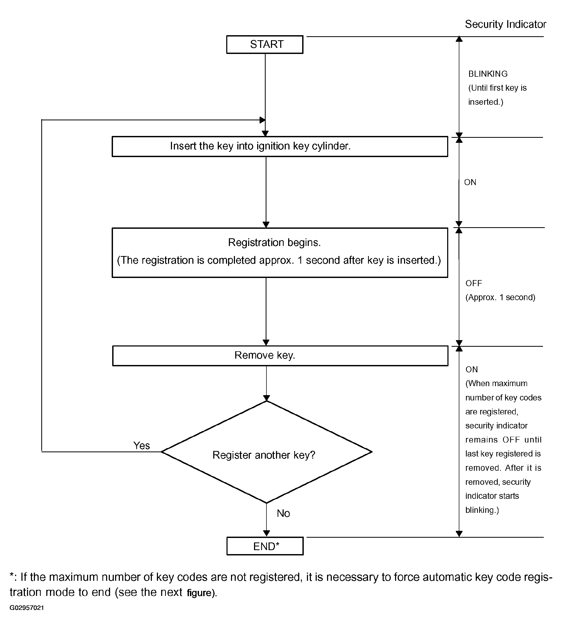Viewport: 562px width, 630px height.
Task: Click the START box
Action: pyautogui.click(x=265, y=44)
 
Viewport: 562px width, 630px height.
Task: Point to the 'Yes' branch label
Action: pyautogui.click(x=142, y=445)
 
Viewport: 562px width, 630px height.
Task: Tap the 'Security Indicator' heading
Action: pyautogui.click(x=505, y=24)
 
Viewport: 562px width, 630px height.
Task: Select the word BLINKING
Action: pyautogui.click(x=488, y=74)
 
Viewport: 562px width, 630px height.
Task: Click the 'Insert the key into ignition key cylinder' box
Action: pyautogui.click(x=280, y=146)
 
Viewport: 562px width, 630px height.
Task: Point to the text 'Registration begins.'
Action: pyautogui.click(x=274, y=242)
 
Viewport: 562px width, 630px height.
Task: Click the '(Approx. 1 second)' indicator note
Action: pyautogui.click(x=500, y=297)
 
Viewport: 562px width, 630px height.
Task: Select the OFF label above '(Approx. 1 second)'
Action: pyautogui.click(x=474, y=283)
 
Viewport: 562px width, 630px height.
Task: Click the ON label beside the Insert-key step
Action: pyautogui.click(x=470, y=182)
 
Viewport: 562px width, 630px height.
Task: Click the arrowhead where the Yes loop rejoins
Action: pyautogui.click(x=262, y=120)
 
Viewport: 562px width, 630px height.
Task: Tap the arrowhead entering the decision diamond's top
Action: pyautogui.click(x=266, y=398)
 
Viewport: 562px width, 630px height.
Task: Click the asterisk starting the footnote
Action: pyautogui.click(x=11, y=575)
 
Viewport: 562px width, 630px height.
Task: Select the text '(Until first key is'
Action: pyautogui.click(x=497, y=88)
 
